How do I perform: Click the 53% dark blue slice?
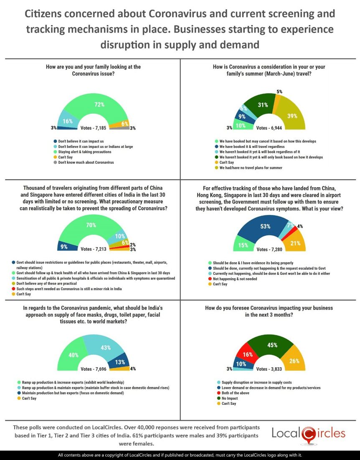tap(264, 227)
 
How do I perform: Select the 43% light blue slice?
tap(104, 348)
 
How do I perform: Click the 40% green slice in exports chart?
tap(73, 356)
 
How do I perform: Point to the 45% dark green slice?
tap(272, 346)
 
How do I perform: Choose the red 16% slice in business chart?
tap(246, 355)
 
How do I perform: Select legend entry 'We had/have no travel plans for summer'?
tap(251, 168)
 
